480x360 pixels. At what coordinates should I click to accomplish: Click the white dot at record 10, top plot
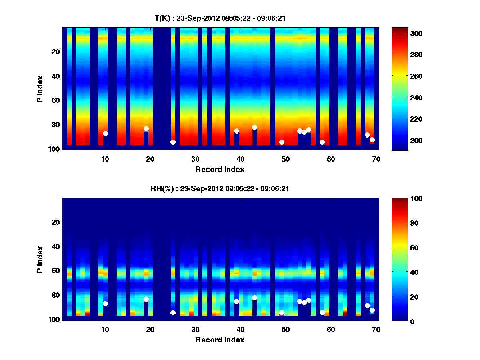105,133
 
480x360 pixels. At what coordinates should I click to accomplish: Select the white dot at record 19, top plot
146,128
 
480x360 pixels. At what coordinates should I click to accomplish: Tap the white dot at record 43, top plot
254,127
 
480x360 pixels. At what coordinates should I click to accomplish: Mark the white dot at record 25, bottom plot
173,312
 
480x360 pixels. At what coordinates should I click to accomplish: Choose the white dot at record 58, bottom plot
322,312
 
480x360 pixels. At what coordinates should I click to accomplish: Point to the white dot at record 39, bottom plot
236,301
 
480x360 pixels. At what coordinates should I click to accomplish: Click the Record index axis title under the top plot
220,169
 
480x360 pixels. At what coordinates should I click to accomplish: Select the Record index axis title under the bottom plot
220,340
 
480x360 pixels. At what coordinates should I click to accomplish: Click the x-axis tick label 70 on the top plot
376,159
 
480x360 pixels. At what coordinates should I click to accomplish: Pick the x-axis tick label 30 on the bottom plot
195,329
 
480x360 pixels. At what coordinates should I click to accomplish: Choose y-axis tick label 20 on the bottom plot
56,222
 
